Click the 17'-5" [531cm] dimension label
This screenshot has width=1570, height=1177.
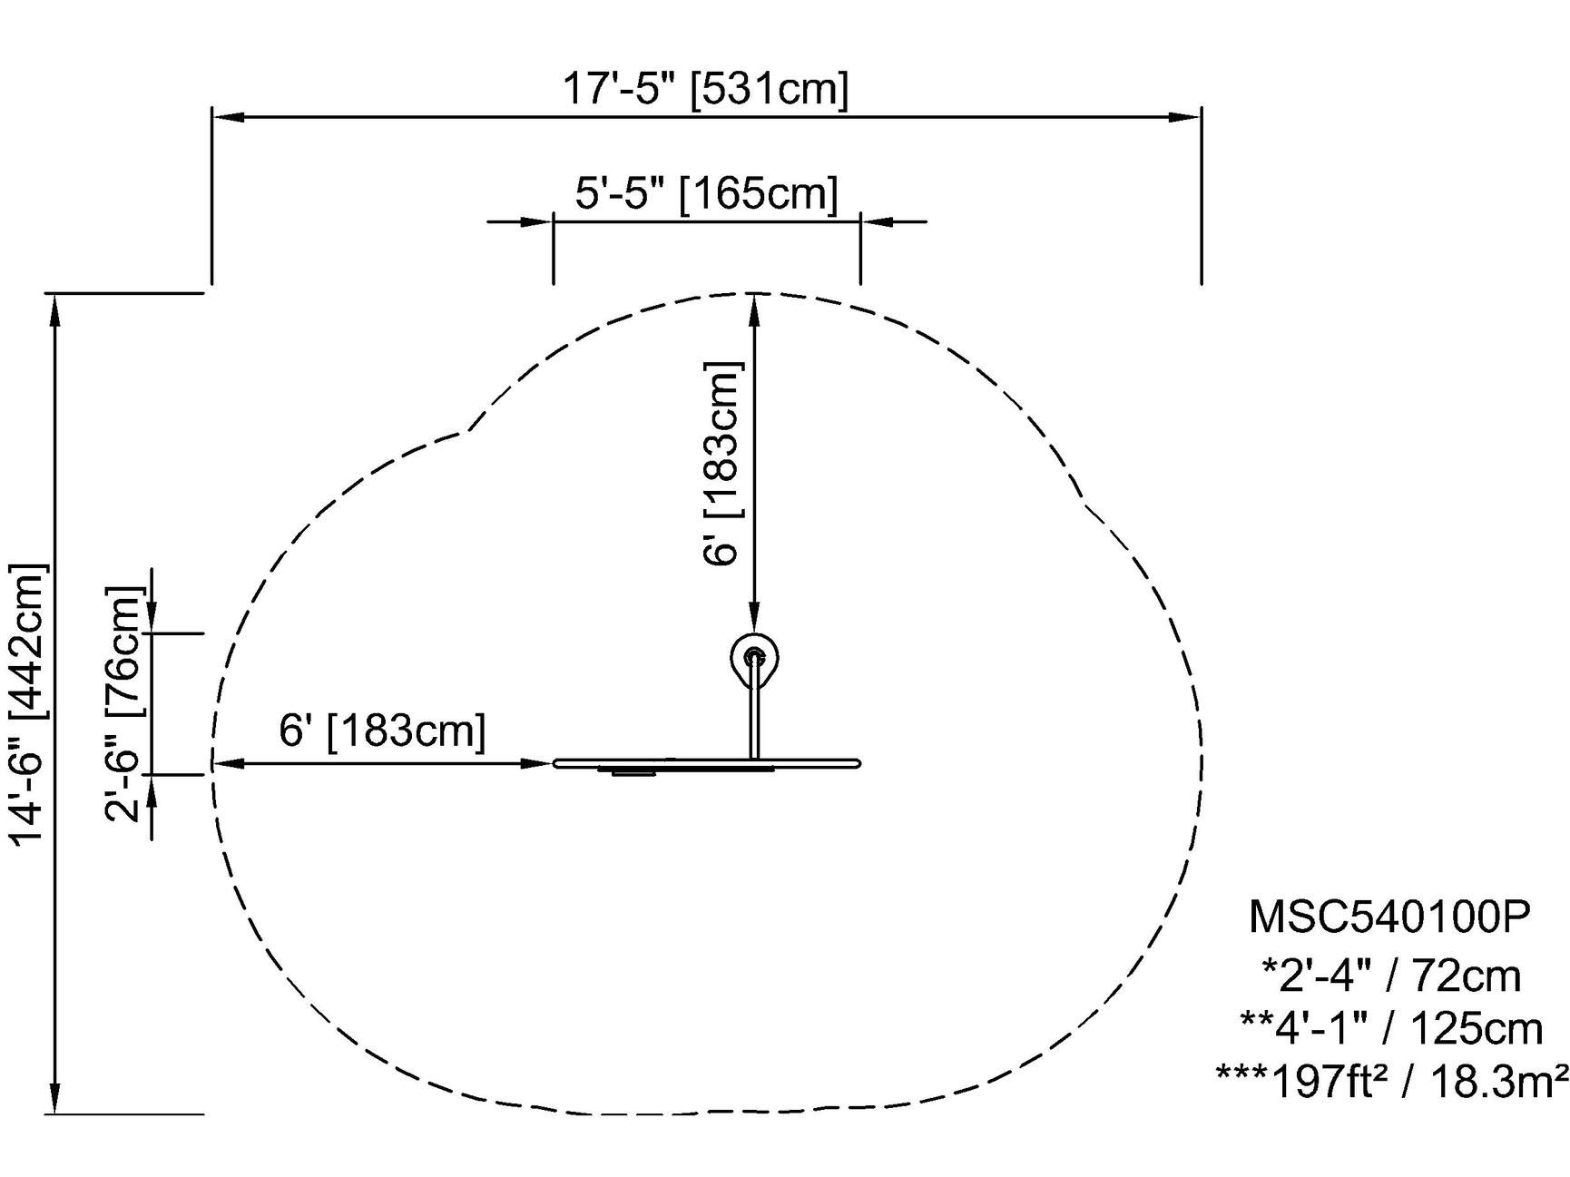coord(706,89)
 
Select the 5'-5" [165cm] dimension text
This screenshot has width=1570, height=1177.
coord(706,192)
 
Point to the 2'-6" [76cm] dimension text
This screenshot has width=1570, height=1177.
coord(124,704)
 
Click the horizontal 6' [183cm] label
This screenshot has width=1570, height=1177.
coord(382,731)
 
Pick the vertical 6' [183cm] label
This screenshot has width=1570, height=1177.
coord(723,463)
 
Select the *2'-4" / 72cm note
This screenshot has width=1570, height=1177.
coord(1391,976)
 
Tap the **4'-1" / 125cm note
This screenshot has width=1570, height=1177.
coord(1391,1028)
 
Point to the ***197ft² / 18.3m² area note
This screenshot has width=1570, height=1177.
coord(1392,1080)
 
